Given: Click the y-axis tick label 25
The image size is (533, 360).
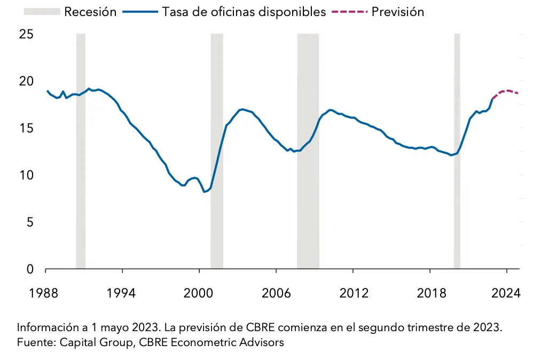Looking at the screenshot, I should pyautogui.click(x=26, y=35).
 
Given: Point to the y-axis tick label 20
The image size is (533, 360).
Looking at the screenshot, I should pyautogui.click(x=26, y=82).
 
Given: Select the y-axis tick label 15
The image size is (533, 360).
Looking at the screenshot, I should pyautogui.click(x=26, y=129).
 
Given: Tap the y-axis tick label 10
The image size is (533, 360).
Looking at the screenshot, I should pyautogui.click(x=26, y=175).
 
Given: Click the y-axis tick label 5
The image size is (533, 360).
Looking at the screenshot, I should pyautogui.click(x=30, y=222).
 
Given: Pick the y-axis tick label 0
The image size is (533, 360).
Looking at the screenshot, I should pyautogui.click(x=30, y=269).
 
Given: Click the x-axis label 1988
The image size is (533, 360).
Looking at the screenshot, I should pyautogui.click(x=45, y=293).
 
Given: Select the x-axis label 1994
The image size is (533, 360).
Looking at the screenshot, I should pyautogui.click(x=122, y=293).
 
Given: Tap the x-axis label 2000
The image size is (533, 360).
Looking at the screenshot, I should pyautogui.click(x=199, y=293).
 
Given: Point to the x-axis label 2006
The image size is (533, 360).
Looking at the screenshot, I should pyautogui.click(x=276, y=293).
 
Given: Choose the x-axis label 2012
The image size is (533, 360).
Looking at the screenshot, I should pyautogui.click(x=353, y=293).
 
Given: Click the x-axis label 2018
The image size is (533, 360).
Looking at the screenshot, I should pyautogui.click(x=429, y=293).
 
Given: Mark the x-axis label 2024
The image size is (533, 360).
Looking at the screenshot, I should pyautogui.click(x=506, y=293).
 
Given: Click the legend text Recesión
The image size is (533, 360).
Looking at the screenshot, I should pyautogui.click(x=90, y=12).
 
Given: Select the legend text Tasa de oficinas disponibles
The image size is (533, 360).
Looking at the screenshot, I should pyautogui.click(x=244, y=12).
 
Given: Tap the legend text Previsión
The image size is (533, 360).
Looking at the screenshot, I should pyautogui.click(x=397, y=12).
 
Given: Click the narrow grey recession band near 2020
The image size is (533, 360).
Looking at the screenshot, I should pyautogui.click(x=457, y=160).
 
